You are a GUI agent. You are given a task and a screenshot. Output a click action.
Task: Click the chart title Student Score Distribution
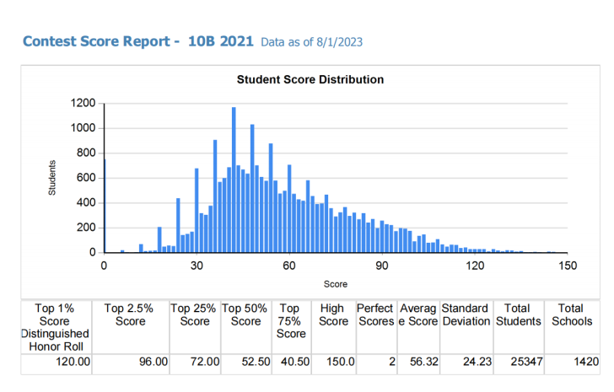pyautogui.click(x=310, y=80)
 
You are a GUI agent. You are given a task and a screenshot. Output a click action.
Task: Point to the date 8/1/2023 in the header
pyautogui.click(x=340, y=41)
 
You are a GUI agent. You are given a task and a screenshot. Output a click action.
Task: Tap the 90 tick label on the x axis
pyautogui.click(x=382, y=266)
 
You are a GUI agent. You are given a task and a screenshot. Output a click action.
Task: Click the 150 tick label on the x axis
pyautogui.click(x=568, y=266)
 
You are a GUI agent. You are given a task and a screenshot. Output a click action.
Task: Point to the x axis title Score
pyautogui.click(x=336, y=284)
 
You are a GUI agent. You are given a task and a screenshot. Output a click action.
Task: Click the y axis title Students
pyautogui.click(x=52, y=178)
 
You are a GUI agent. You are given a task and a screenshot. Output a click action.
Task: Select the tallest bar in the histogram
pyautogui.click(x=234, y=180)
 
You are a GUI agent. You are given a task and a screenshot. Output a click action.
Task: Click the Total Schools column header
pyautogui.click(x=572, y=315)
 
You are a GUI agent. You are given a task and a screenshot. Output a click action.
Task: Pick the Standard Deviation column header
pyautogui.click(x=465, y=315)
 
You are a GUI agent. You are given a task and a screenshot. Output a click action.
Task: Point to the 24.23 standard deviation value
pyautogui.click(x=473, y=362)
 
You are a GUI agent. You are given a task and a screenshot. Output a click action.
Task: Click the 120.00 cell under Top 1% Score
pyautogui.click(x=72, y=362)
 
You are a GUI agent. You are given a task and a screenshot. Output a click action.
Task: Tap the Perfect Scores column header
pyautogui.click(x=375, y=315)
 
